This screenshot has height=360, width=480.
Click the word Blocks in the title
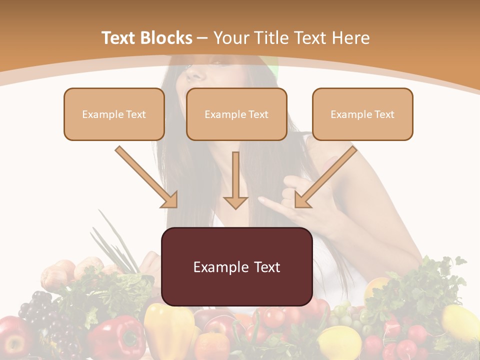(167, 38)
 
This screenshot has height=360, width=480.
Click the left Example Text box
(114, 114)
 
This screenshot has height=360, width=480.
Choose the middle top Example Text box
(236, 114)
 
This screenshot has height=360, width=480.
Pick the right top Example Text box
(362, 114)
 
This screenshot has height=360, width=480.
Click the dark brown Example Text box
(236, 266)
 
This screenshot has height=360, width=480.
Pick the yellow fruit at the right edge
(460, 322)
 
